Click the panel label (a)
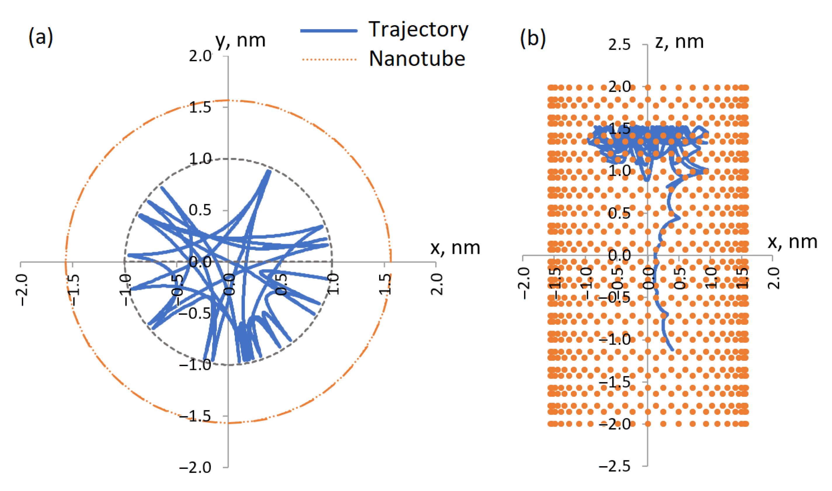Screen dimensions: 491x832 coord(41,37)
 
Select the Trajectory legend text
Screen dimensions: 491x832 coord(418,30)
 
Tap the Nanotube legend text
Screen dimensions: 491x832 coord(417,59)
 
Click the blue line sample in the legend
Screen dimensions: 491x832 coord(329,31)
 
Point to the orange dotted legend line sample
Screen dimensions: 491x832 coord(329,60)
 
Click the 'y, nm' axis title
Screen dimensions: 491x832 coord(240,41)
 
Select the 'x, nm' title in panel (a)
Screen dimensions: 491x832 coord(455,247)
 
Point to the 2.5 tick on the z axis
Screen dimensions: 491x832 coord(619,45)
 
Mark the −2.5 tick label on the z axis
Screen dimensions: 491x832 coord(614,466)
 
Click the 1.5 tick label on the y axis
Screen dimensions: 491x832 coord(200,107)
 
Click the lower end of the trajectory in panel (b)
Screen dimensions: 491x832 coord(672,349)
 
